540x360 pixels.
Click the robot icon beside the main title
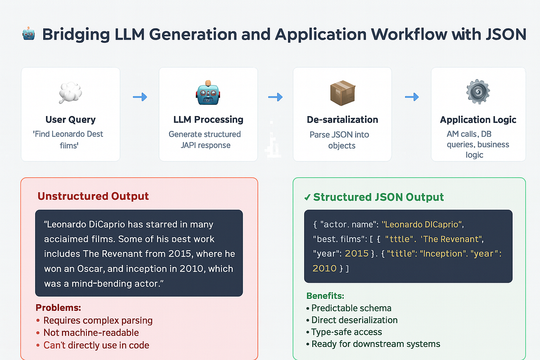28,35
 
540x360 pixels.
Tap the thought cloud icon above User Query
70,92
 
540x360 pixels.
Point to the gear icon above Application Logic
478,93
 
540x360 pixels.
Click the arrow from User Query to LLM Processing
139,97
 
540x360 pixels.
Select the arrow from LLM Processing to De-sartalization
275,97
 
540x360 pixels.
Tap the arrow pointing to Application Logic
411,97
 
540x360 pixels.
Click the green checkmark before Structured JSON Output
307,197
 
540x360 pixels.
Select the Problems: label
58,308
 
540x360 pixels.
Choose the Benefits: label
325,296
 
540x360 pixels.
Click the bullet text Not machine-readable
91,333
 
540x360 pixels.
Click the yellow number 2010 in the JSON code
324,268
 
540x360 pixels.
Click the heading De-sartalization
342,120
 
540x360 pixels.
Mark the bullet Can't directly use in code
96,345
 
